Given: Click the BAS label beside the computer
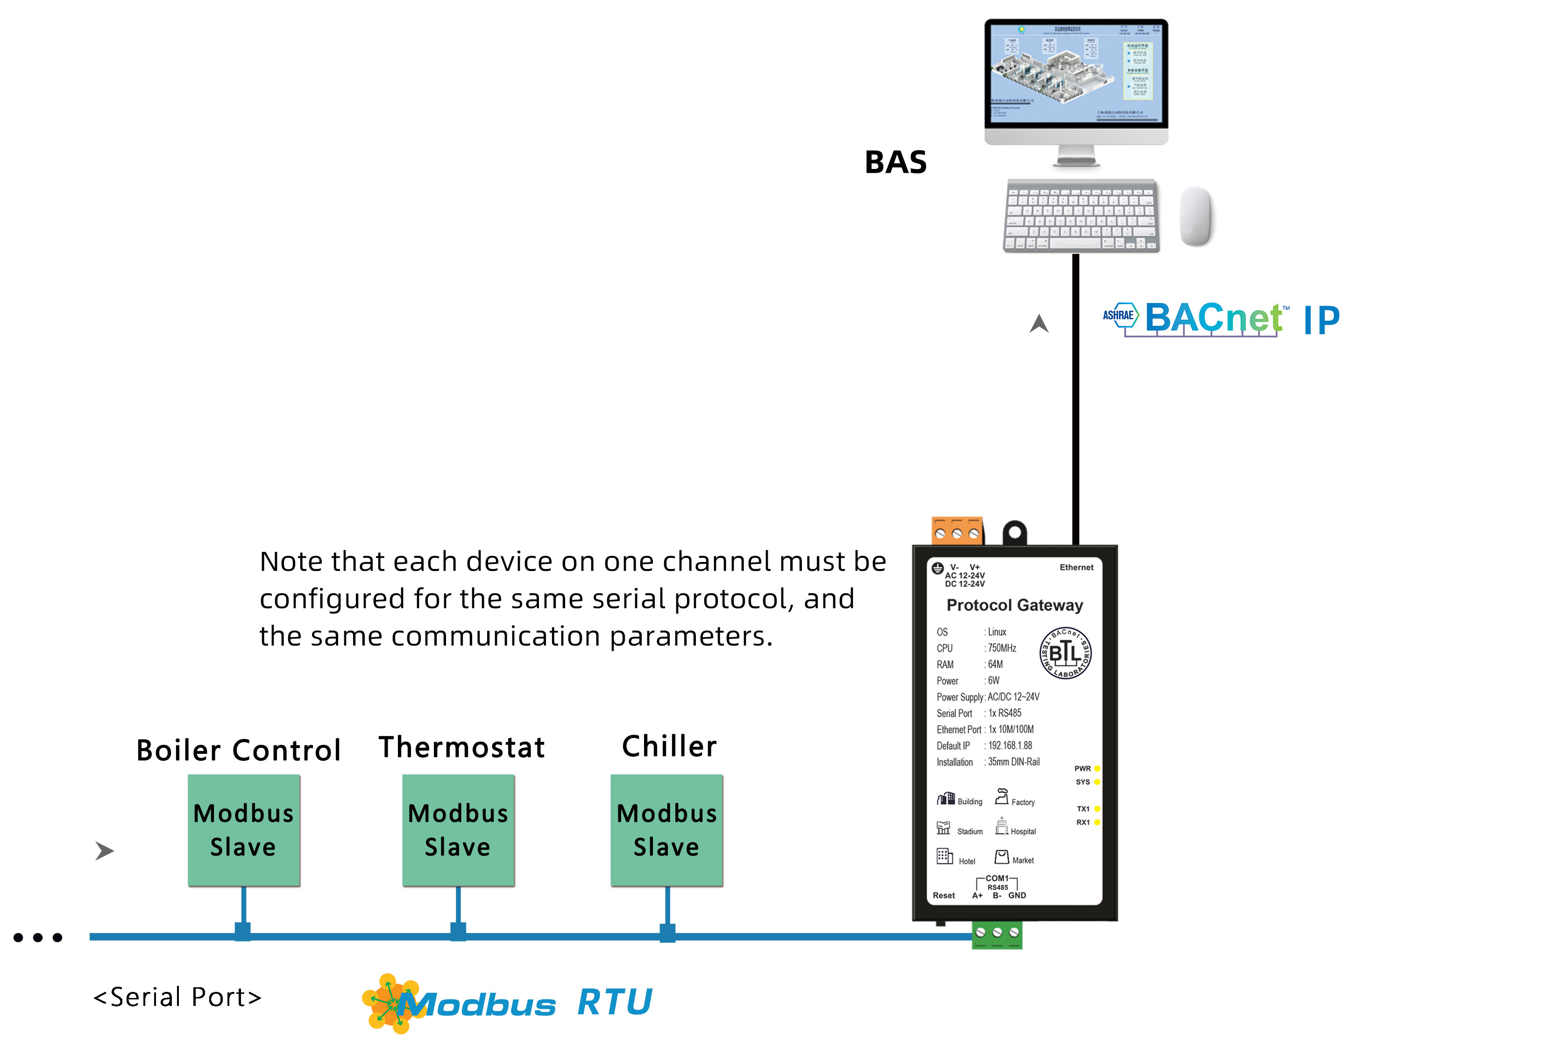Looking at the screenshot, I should pyautogui.click(x=895, y=162).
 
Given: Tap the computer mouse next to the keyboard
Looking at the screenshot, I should pyautogui.click(x=1196, y=216).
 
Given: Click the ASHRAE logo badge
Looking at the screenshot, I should pyautogui.click(x=1119, y=315).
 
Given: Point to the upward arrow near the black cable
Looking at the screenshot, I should pyautogui.click(x=1039, y=324).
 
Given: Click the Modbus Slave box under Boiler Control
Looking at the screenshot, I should pyautogui.click(x=244, y=830).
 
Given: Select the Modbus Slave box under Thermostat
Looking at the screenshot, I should pyautogui.click(x=458, y=830).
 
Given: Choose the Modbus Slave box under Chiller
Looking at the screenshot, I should pyautogui.click(x=667, y=830).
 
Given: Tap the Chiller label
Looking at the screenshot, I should pyautogui.click(x=669, y=746).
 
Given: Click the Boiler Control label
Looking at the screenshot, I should pyautogui.click(x=239, y=750).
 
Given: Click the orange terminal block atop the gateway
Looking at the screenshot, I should pyautogui.click(x=957, y=531).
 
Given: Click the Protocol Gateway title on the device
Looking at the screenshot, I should pyautogui.click(x=1014, y=605).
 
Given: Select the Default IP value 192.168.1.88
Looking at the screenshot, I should pyautogui.click(x=1010, y=745).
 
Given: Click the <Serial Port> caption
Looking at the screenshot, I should pyautogui.click(x=177, y=997).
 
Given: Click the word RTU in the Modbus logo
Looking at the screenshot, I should pyautogui.click(x=614, y=1002).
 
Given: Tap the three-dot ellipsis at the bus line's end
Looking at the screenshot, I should pyautogui.click(x=38, y=937).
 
